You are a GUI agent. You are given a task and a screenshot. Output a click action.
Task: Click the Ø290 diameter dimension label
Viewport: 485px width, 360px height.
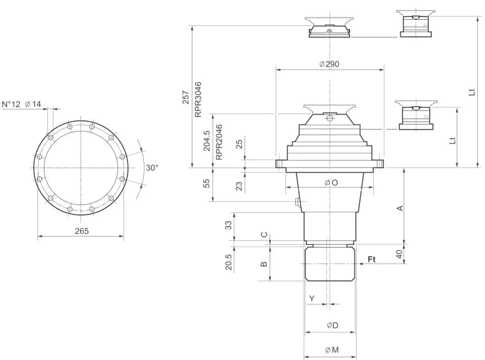[x=329, y=64]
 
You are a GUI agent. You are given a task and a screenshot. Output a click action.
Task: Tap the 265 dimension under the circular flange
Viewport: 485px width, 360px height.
[x=82, y=231]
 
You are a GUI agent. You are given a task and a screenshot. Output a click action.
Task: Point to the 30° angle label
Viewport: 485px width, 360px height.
[x=152, y=167]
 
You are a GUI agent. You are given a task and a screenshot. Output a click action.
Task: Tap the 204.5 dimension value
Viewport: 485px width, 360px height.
[x=207, y=141]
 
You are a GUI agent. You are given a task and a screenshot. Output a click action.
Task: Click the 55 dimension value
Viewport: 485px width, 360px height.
[x=207, y=184]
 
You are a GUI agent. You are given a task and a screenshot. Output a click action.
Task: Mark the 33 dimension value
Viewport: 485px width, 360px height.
[x=228, y=225]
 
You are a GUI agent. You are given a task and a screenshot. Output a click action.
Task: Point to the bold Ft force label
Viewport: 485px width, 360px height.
[x=372, y=259]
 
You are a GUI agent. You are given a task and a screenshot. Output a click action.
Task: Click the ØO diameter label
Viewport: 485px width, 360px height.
[x=331, y=182]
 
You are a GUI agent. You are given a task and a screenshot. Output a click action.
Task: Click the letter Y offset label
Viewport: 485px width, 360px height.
[x=312, y=298]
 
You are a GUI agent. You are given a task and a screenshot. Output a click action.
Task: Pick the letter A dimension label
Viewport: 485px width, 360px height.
[x=401, y=208]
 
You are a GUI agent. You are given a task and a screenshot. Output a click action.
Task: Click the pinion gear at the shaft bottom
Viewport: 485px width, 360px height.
[x=330, y=264]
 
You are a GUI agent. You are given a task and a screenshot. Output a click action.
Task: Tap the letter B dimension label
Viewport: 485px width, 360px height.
[x=264, y=264]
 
